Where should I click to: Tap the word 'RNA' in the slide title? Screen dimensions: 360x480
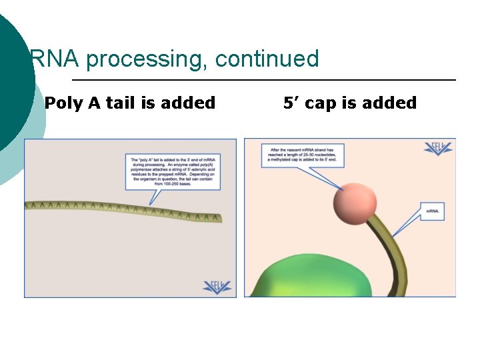tap(55, 59)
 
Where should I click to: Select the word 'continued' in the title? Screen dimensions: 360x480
tap(267, 59)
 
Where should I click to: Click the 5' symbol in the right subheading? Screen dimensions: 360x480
tap(291, 103)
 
